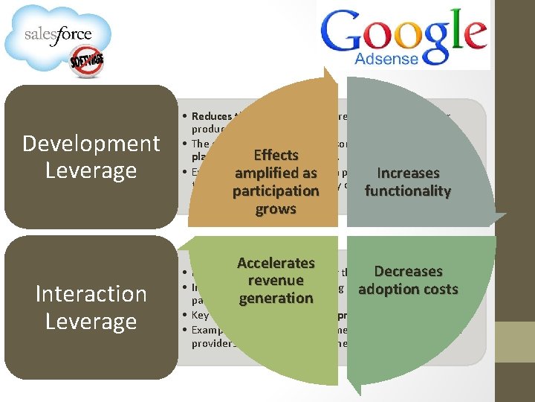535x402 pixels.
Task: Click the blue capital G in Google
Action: pos(343,34)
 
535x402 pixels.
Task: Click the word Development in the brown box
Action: pos(91,143)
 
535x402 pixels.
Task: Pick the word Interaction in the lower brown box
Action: pos(91,294)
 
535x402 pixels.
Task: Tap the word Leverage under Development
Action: pos(91,170)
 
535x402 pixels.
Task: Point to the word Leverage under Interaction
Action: pos(91,322)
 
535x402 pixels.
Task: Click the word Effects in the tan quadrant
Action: pos(276,155)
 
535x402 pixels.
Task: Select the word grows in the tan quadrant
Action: pos(276,209)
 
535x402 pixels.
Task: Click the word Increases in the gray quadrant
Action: pos(408,173)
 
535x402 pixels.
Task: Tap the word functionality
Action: pos(408,191)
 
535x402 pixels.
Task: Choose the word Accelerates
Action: pos(276,263)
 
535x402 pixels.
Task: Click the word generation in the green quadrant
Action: pos(276,299)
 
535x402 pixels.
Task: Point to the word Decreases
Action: pos(408,272)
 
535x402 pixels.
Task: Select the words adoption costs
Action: pos(408,290)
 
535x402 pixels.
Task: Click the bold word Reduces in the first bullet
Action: pos(211,116)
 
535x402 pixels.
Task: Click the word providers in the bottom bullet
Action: pos(213,343)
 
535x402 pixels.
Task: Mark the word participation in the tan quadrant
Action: pos(276,191)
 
